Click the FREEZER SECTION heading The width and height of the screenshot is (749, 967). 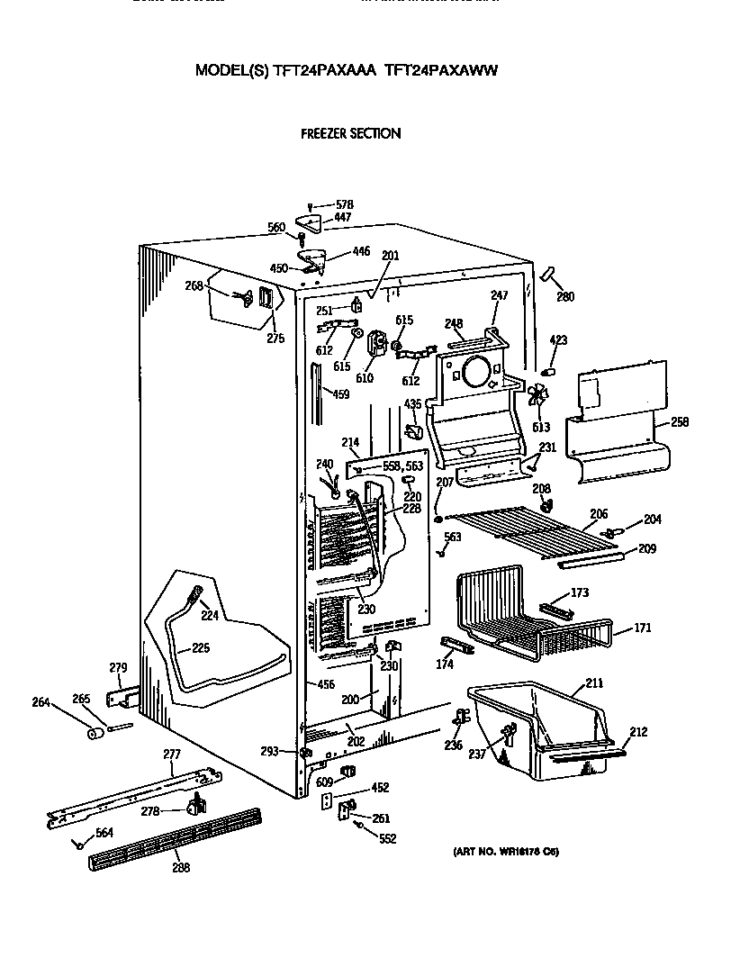pos(350,133)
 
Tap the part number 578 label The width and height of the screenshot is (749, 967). pos(344,204)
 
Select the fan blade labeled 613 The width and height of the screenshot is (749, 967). pos(538,396)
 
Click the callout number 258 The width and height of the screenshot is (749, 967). pos(680,421)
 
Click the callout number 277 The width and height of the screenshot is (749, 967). pos(171,754)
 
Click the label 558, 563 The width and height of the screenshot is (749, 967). pos(402,466)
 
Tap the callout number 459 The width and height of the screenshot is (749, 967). pos(340,393)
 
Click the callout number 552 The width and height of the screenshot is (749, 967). pos(387,838)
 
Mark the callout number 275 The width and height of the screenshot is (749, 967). pos(275,339)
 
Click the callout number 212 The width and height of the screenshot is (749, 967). pos(638,732)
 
